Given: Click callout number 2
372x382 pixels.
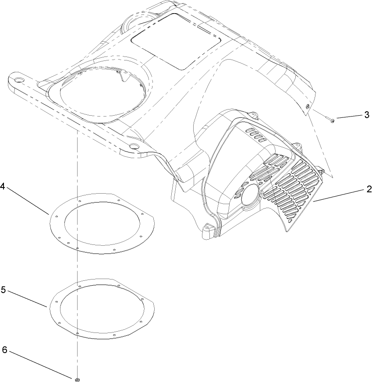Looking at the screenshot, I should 368,189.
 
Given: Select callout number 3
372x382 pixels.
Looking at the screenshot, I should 367,115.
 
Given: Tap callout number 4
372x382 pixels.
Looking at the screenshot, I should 3,186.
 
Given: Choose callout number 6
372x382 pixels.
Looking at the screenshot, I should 4,350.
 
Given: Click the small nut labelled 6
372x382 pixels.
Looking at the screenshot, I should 77,378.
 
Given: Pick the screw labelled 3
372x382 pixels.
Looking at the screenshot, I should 330,119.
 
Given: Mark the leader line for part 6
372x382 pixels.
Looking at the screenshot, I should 39,364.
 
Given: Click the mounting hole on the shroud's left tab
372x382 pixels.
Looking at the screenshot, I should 18,81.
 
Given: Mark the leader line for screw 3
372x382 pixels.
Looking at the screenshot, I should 349,117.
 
